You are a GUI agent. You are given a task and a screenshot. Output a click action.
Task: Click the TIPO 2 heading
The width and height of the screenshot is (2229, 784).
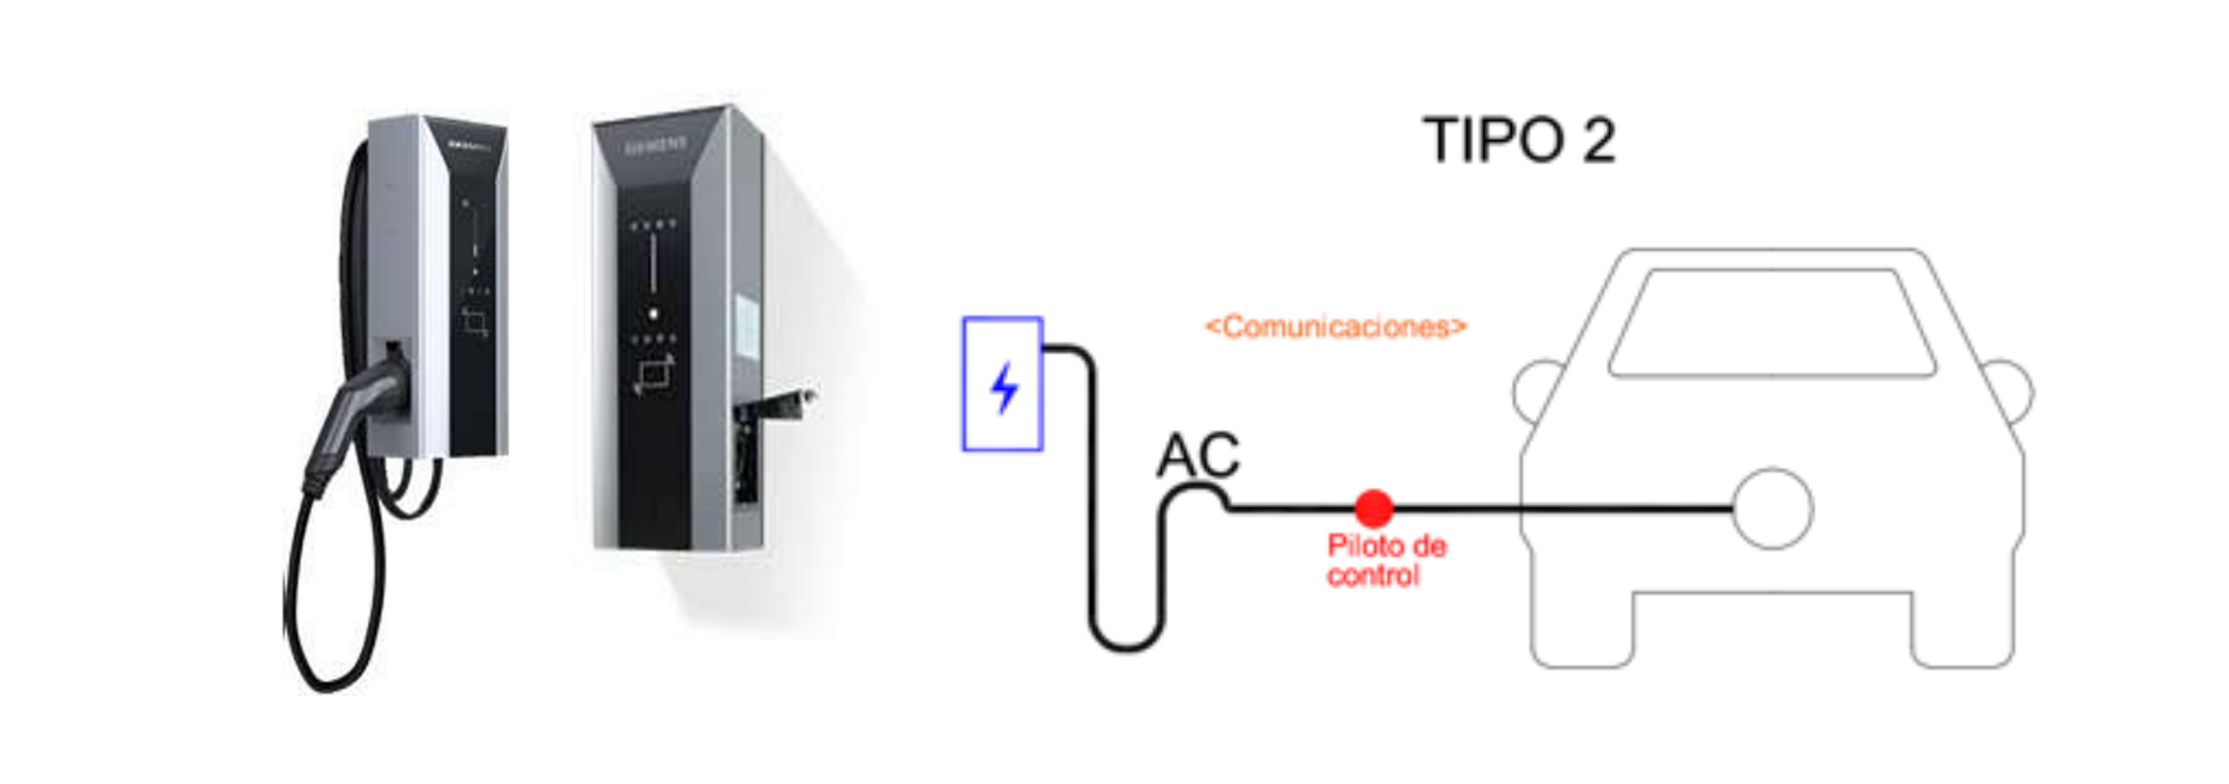coord(1519,139)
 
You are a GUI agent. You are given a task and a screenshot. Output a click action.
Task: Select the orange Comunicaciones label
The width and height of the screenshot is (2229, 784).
coord(1335,327)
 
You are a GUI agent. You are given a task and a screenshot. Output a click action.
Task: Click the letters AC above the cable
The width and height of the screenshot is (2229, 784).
coord(1197,455)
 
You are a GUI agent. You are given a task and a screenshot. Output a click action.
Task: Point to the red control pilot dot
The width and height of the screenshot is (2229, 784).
coord(1373,508)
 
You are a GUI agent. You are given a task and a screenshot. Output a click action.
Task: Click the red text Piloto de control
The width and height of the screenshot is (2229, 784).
coord(1384,560)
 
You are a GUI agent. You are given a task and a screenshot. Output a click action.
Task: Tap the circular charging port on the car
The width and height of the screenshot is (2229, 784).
coord(1772,509)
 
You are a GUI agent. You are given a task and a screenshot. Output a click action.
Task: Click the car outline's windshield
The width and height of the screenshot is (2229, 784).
coord(1772,322)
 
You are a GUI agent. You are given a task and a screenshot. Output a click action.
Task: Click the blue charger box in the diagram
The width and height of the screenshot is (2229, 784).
coord(1002,384)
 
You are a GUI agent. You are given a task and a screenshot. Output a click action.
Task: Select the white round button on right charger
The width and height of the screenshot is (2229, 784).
coord(653,313)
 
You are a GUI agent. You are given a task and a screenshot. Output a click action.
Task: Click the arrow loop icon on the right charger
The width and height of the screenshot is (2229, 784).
coord(653,375)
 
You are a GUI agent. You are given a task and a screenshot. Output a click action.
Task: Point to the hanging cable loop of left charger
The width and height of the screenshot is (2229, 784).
coord(331,610)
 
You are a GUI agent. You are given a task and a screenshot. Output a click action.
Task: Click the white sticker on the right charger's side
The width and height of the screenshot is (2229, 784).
coord(747,327)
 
